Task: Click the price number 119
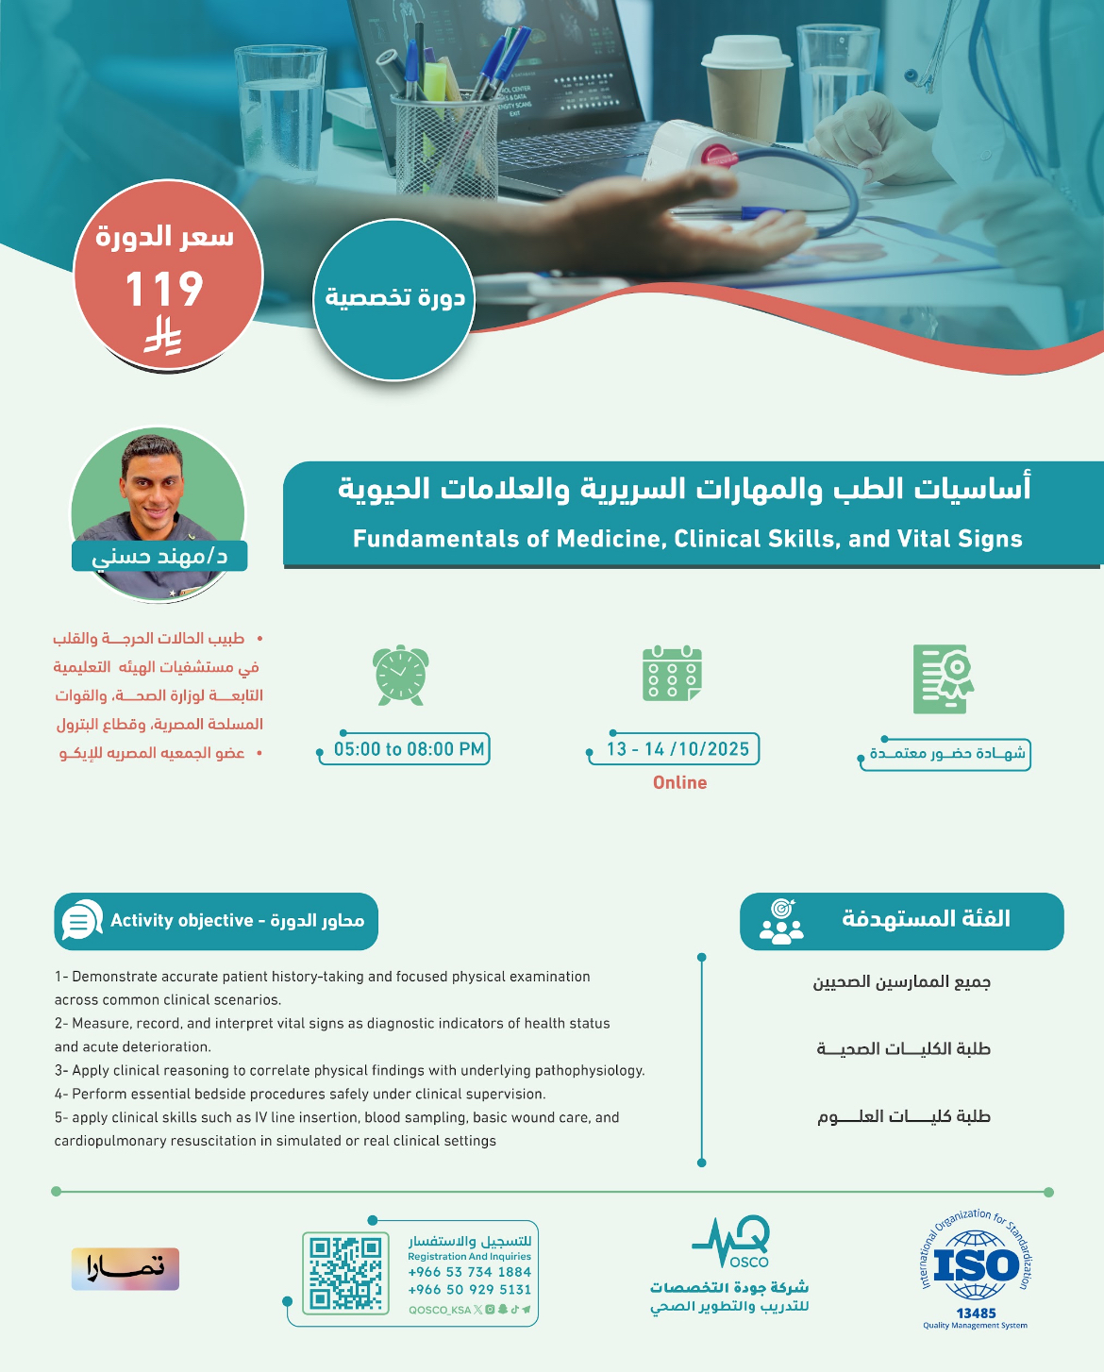click(164, 289)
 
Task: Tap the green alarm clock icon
click(400, 676)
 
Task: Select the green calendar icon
click(672, 673)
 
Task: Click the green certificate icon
click(944, 679)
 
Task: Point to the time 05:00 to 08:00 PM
click(409, 749)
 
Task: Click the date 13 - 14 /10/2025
click(677, 749)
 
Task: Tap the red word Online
click(680, 782)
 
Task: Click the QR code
click(345, 1273)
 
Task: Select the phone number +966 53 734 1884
click(469, 1271)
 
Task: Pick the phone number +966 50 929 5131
click(469, 1289)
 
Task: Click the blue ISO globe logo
click(976, 1264)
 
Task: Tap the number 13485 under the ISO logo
click(976, 1313)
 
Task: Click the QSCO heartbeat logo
click(731, 1241)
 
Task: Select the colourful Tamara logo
click(125, 1269)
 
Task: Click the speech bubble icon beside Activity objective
click(82, 920)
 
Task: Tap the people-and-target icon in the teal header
click(782, 921)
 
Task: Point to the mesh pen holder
click(444, 144)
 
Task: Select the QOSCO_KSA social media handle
click(440, 1310)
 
